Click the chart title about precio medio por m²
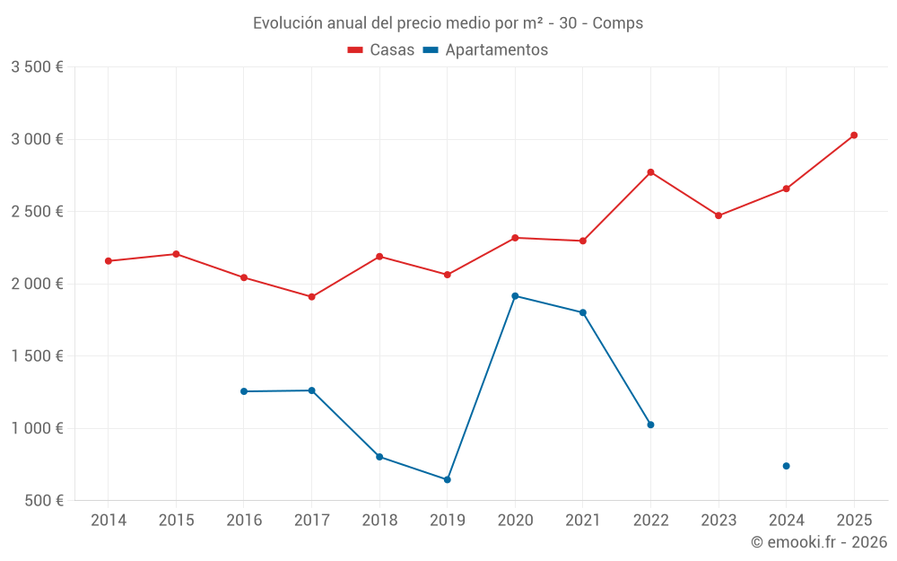(448, 23)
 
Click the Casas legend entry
(381, 50)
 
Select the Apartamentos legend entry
(485, 50)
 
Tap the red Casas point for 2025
(854, 136)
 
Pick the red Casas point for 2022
(650, 172)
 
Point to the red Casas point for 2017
(311, 297)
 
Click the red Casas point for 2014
(109, 261)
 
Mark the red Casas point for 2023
(718, 215)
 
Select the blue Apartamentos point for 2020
(515, 296)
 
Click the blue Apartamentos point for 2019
(447, 480)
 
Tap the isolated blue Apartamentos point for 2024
(786, 466)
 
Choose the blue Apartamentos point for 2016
(244, 391)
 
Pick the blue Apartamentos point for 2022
(650, 425)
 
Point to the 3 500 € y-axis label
(37, 67)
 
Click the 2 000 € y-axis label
(37, 284)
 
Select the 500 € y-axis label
(43, 501)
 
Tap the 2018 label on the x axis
(379, 521)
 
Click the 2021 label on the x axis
(583, 521)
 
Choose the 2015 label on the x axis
(176, 521)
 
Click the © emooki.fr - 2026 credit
(819, 542)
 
